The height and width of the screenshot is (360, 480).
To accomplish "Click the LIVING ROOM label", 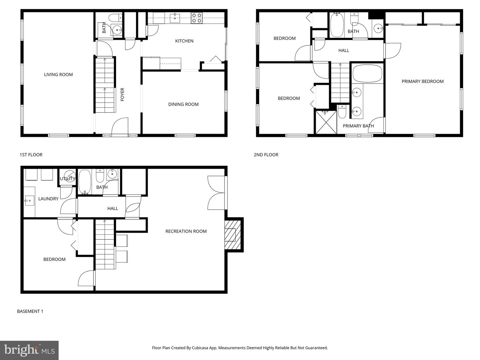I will pos(58,75).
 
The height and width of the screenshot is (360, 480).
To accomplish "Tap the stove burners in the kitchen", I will pos(196,18).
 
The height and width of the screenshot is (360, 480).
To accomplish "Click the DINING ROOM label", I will pos(183,104).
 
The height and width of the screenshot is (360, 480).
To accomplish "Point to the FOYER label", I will pos(122,94).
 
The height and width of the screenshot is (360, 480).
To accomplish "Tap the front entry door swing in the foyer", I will pos(120,127).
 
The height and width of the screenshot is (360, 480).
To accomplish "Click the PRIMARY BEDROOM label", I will pos(422,81).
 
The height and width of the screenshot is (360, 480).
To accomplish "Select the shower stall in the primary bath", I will pos(326,122).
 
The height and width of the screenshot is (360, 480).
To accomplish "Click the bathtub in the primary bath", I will pos(367,74).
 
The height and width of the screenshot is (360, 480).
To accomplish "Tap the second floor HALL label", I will pos(344,51).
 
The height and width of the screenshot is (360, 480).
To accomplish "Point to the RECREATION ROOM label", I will pos(186,231).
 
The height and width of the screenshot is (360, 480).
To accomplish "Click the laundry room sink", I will pos(29,201).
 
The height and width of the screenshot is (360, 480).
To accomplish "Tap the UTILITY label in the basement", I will pos(67,179).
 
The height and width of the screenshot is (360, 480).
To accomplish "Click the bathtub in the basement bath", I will pos(85,182).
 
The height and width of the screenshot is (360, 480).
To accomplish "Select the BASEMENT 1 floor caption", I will pos(30,311).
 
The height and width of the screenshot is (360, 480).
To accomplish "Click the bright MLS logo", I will pos(29,350).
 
